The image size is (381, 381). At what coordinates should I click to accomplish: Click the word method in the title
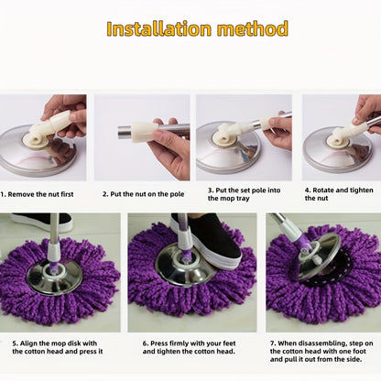(x=253, y=29)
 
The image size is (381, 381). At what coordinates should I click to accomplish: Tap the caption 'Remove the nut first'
(x=40, y=194)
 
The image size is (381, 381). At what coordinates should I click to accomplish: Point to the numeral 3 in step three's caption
(x=211, y=190)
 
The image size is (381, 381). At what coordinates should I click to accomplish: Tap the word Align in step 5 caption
(x=28, y=343)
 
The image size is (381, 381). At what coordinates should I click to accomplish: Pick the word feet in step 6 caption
(x=229, y=343)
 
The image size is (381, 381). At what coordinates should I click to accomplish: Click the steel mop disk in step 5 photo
(x=54, y=277)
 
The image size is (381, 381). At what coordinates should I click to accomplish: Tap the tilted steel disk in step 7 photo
(x=319, y=256)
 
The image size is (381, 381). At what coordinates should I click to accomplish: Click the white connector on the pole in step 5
(x=54, y=252)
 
